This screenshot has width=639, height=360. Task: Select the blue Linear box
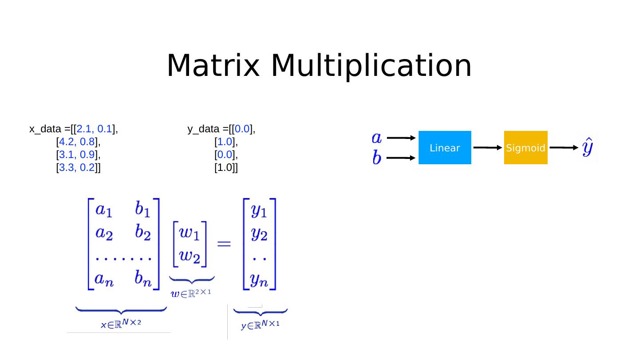point(445,148)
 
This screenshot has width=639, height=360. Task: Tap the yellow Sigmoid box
point(525,148)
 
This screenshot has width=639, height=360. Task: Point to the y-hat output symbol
point(588,147)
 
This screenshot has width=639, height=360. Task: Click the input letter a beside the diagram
point(376,138)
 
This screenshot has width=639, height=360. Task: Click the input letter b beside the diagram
point(376,158)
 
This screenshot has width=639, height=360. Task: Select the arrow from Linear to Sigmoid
point(487,148)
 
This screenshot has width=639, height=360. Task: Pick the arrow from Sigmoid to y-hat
point(564,148)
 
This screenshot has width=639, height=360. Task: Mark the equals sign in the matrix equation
point(224,244)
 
